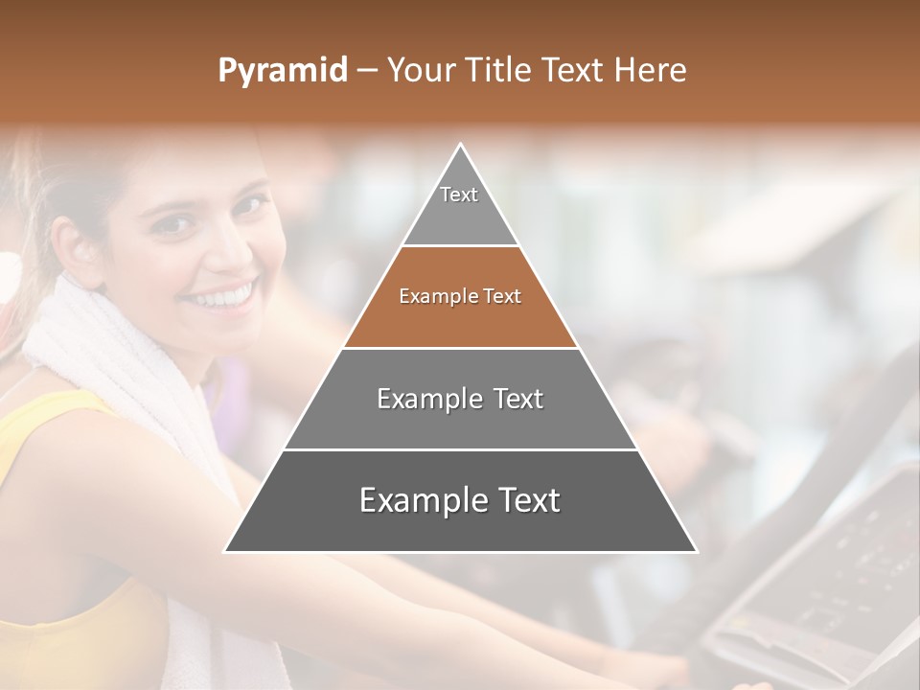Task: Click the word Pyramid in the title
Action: pos(283,71)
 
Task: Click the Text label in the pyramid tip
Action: pos(459,195)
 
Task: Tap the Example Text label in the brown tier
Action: pos(460,297)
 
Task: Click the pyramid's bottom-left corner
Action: pos(226,551)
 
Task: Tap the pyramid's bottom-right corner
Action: pos(696,551)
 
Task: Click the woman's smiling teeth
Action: pos(222,295)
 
